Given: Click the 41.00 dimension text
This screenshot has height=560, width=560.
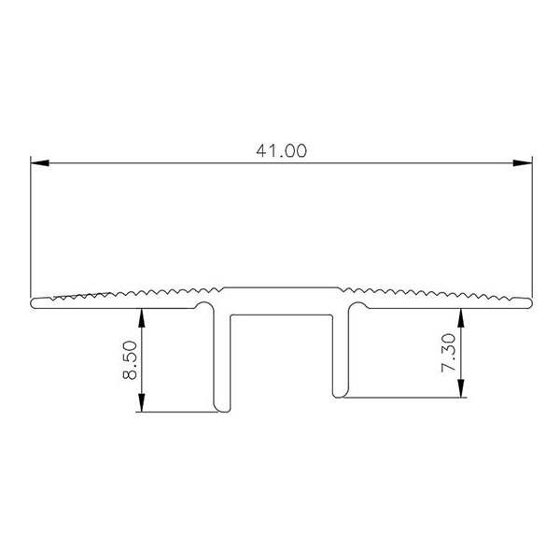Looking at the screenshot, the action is coord(282,150).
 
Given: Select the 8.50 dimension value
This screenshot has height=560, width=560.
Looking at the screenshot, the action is coord(130,360).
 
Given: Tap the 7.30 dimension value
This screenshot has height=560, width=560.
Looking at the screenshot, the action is coord(449,353).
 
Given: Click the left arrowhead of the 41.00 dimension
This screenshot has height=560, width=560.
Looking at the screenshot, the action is coord(39,162).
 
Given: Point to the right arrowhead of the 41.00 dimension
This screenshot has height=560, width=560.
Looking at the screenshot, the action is coord(523,162).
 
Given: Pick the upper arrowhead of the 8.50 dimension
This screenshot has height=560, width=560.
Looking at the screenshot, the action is coord(142,318).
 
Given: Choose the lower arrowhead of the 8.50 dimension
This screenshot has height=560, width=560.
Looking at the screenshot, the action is coord(142,402).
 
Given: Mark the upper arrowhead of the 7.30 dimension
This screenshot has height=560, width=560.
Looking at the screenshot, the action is coord(461,318).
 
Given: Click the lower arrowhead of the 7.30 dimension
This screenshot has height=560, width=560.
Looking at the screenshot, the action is coord(461,388).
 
